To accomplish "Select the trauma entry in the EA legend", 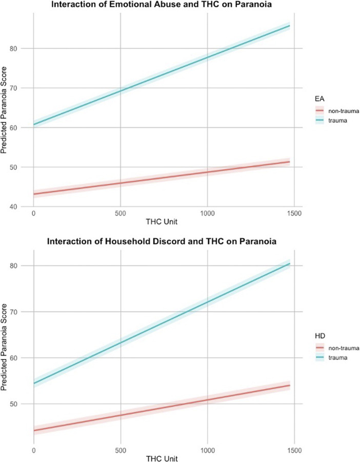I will (x=335, y=119).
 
